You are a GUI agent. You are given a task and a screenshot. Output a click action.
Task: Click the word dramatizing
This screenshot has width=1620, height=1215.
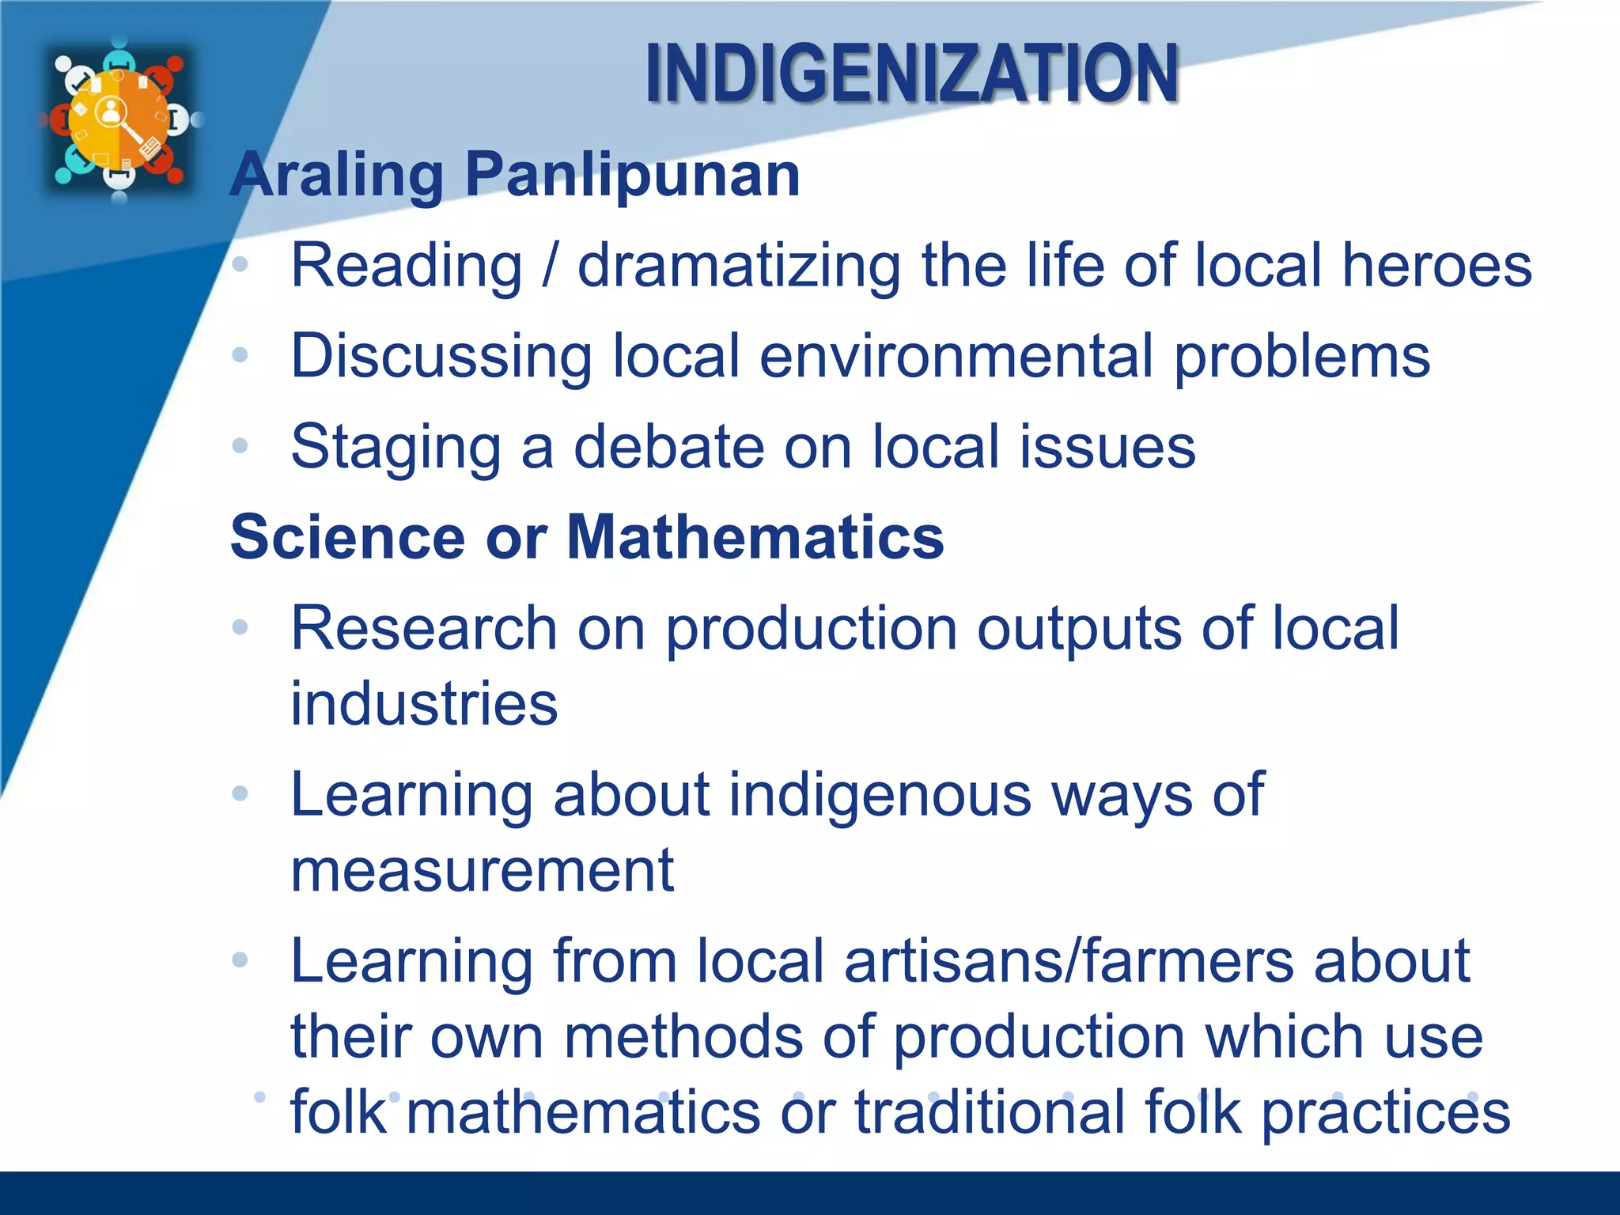tap(739, 267)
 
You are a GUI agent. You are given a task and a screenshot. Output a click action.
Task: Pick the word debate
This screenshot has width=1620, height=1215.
tap(668, 447)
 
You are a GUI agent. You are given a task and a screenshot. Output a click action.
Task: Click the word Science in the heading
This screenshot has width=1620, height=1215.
tap(347, 537)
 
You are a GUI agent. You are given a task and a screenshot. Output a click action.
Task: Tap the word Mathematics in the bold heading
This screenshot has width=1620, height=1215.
tap(755, 537)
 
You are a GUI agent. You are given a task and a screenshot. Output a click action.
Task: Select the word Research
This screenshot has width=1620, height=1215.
tap(424, 628)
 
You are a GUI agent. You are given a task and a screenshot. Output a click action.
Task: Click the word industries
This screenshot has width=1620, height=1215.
tap(424, 703)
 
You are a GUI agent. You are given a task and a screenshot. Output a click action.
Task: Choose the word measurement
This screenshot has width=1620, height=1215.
tap(482, 870)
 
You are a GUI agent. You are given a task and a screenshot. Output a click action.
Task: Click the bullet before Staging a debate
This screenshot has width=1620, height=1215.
tap(240, 445)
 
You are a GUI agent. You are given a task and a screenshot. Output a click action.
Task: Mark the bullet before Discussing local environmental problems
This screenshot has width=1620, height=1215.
tap(240, 355)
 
